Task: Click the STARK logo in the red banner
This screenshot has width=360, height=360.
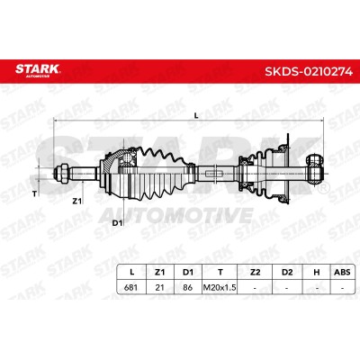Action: pos(38,70)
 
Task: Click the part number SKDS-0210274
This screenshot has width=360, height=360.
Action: pos(309,71)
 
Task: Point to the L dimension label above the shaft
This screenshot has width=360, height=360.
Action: pos(196,115)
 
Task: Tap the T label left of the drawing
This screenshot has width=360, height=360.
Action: pos(34,194)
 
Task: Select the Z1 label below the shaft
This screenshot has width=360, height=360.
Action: pos(77,202)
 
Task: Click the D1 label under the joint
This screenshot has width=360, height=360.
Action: pos(116,223)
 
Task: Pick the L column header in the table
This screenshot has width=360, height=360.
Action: pos(131,272)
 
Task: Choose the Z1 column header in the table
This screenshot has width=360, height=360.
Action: pos(159,272)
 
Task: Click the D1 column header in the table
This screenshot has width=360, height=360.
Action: pos(188,272)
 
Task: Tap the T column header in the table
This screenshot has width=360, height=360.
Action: pos(220,272)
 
